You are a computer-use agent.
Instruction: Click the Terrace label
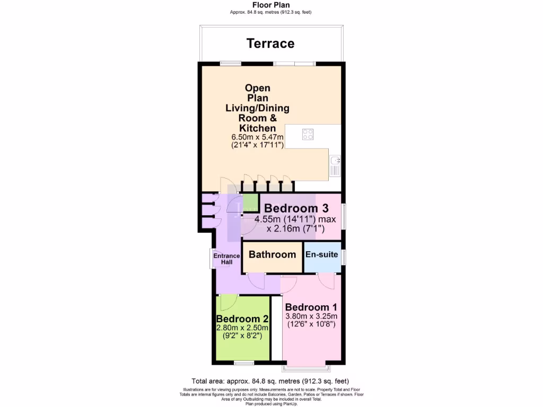click(270, 43)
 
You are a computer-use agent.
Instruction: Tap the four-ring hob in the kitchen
click(308, 134)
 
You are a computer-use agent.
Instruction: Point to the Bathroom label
click(272, 255)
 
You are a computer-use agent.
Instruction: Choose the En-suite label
click(321, 255)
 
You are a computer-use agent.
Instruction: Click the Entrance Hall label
click(226, 259)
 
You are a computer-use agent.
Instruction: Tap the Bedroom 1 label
click(311, 307)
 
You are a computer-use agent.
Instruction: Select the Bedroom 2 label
click(242, 319)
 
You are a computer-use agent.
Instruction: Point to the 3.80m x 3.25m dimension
click(311, 317)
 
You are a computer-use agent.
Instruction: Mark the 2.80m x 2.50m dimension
click(242, 329)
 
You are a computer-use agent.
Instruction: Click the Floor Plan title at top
click(270, 5)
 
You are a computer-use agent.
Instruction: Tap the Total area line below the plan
click(270, 381)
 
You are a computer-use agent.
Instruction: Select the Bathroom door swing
click(257, 281)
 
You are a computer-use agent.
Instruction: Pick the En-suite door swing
click(326, 280)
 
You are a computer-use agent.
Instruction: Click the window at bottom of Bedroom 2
click(244, 363)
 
